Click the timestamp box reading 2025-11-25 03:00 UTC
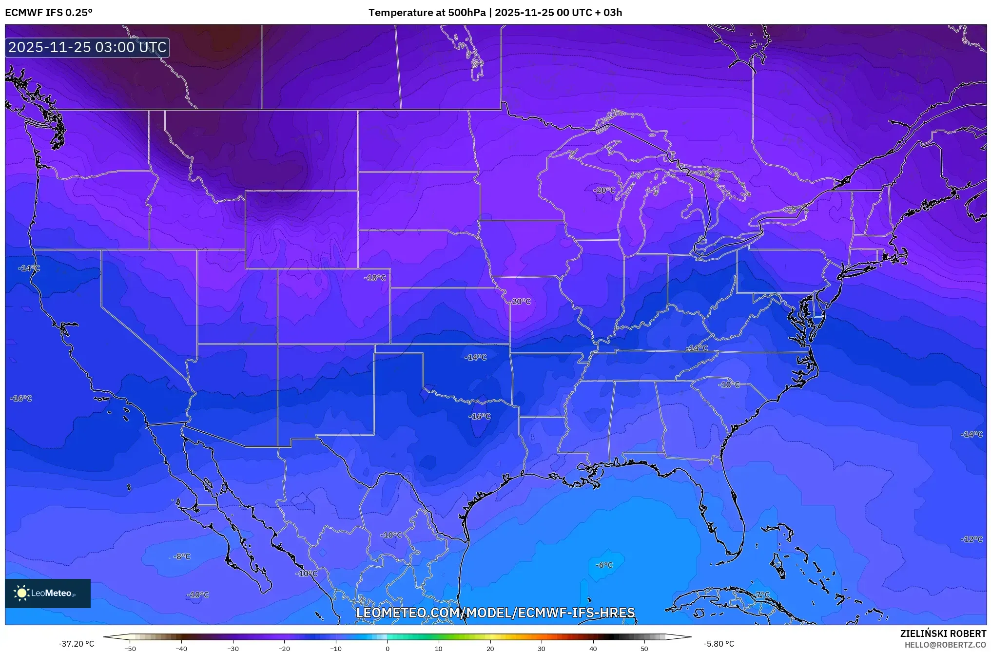[87, 47]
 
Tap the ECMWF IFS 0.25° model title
[49, 13]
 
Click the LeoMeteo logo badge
[48, 593]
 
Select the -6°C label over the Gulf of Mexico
[604, 565]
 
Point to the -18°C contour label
[375, 278]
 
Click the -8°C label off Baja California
[182, 556]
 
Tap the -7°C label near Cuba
[762, 594]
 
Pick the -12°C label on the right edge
[972, 539]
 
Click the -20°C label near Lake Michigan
[604, 190]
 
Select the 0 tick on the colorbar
[388, 648]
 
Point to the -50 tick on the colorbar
[130, 648]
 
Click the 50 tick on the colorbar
[644, 648]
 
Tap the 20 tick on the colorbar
[490, 648]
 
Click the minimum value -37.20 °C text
[77, 644]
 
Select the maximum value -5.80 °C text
[719, 644]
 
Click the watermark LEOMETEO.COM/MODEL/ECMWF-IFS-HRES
[495, 613]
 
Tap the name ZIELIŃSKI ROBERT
[943, 633]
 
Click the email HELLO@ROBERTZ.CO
[945, 645]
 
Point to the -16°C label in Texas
[480, 416]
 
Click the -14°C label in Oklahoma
[476, 357]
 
